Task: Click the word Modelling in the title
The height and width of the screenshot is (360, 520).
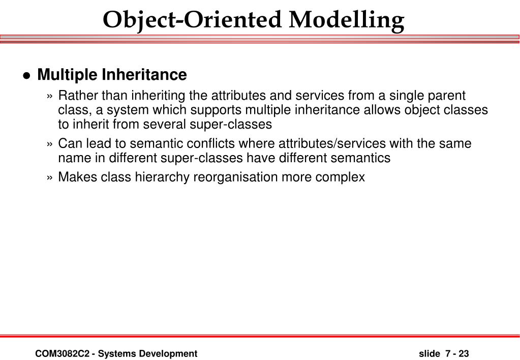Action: [347, 20]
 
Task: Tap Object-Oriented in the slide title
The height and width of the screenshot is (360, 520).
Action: [192, 20]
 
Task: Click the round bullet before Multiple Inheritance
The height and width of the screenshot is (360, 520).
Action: [26, 75]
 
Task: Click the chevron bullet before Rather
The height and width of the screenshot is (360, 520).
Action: [50, 96]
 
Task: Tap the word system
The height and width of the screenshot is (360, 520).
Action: [128, 110]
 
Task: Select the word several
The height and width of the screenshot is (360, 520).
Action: [165, 125]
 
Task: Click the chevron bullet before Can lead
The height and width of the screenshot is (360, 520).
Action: [50, 144]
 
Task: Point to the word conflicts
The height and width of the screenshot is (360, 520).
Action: [210, 144]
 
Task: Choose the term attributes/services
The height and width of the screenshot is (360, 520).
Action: [332, 144]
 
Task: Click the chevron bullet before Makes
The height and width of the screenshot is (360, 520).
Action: [50, 177]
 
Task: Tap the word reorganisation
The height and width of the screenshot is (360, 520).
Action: [235, 177]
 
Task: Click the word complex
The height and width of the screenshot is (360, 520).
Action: [340, 177]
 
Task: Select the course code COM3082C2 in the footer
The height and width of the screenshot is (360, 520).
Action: [63, 354]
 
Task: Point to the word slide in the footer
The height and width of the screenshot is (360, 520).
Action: [429, 354]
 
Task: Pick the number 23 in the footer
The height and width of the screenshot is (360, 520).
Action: [464, 354]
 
